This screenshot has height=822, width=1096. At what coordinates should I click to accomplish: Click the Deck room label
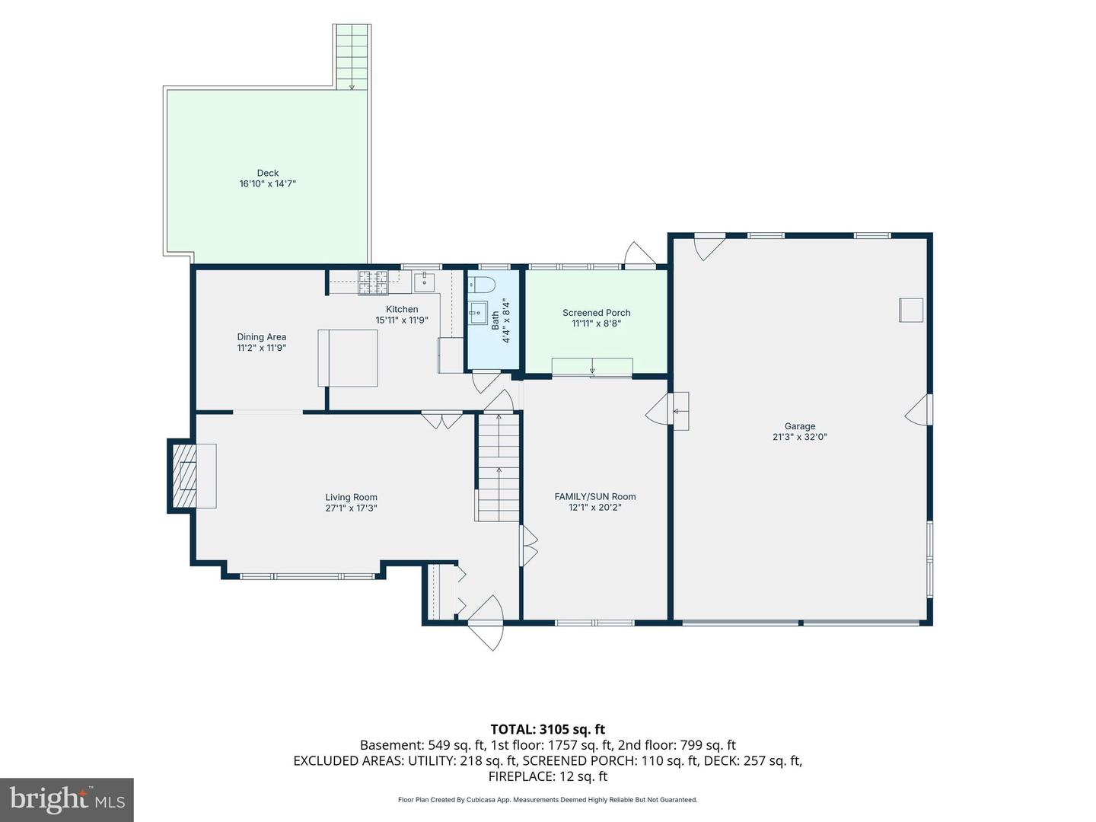pos(268,173)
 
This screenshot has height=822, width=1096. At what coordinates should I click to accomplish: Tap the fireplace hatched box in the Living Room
pos(184,476)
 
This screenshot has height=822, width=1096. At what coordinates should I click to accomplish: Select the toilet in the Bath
pos(481,285)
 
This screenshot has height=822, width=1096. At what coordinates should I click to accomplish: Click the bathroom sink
pos(478,313)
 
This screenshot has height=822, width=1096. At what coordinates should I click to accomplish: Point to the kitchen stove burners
pos(373,282)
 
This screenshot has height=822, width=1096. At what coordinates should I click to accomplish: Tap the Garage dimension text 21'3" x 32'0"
pos(799,437)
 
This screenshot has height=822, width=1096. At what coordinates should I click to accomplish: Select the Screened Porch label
pos(596,312)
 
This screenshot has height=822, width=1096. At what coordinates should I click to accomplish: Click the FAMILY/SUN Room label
pos(594,496)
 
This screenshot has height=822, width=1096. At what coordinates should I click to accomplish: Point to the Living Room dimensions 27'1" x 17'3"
pos(351,508)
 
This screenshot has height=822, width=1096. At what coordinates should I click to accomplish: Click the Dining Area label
pos(261,337)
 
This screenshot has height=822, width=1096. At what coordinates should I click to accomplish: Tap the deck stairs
pos(352,56)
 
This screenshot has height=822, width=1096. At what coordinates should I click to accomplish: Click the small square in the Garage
pos(911,310)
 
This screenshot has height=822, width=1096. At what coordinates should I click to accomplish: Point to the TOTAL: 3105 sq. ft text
pos(548,729)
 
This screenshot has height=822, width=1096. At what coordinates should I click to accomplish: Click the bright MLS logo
pos(67,799)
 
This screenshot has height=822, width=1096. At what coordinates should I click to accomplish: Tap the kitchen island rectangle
pos(348,358)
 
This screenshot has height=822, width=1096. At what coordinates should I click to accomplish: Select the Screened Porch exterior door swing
pos(639,254)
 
